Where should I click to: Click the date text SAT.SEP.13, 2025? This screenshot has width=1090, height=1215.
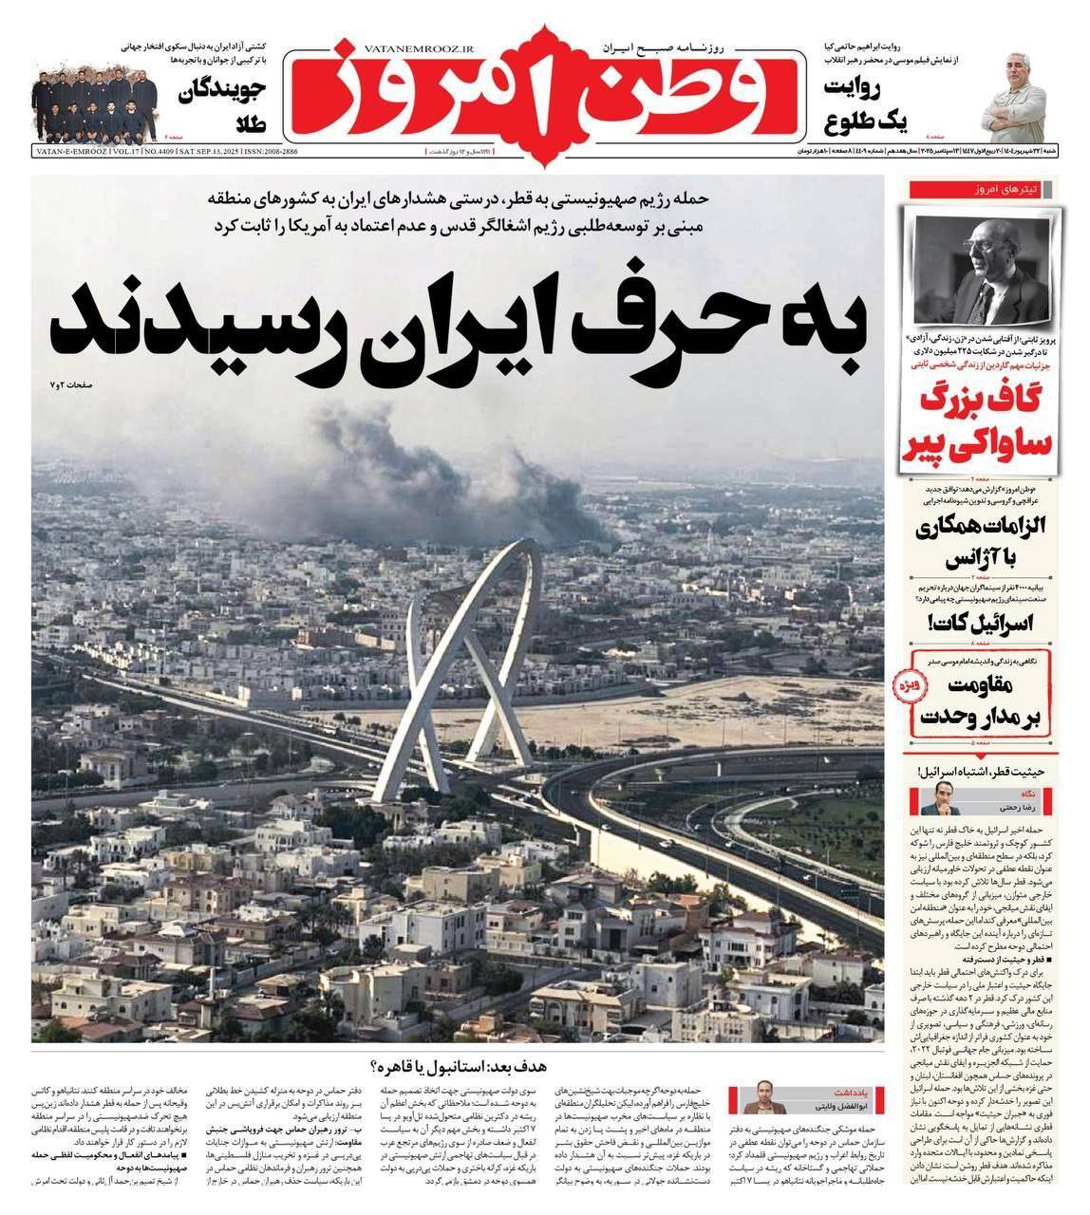tap(202, 152)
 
